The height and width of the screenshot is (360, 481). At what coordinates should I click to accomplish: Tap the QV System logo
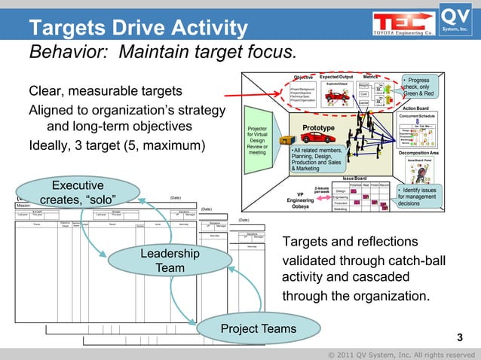pyautogui.click(x=455, y=20)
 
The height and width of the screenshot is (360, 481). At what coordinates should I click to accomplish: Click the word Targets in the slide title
pyautogui.click(x=60, y=29)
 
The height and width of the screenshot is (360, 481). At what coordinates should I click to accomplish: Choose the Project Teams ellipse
pyautogui.click(x=248, y=329)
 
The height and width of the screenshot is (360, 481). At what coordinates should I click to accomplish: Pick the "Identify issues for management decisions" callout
pyautogui.click(x=416, y=197)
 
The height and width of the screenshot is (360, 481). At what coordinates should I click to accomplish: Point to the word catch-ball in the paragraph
pyautogui.click(x=412, y=260)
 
